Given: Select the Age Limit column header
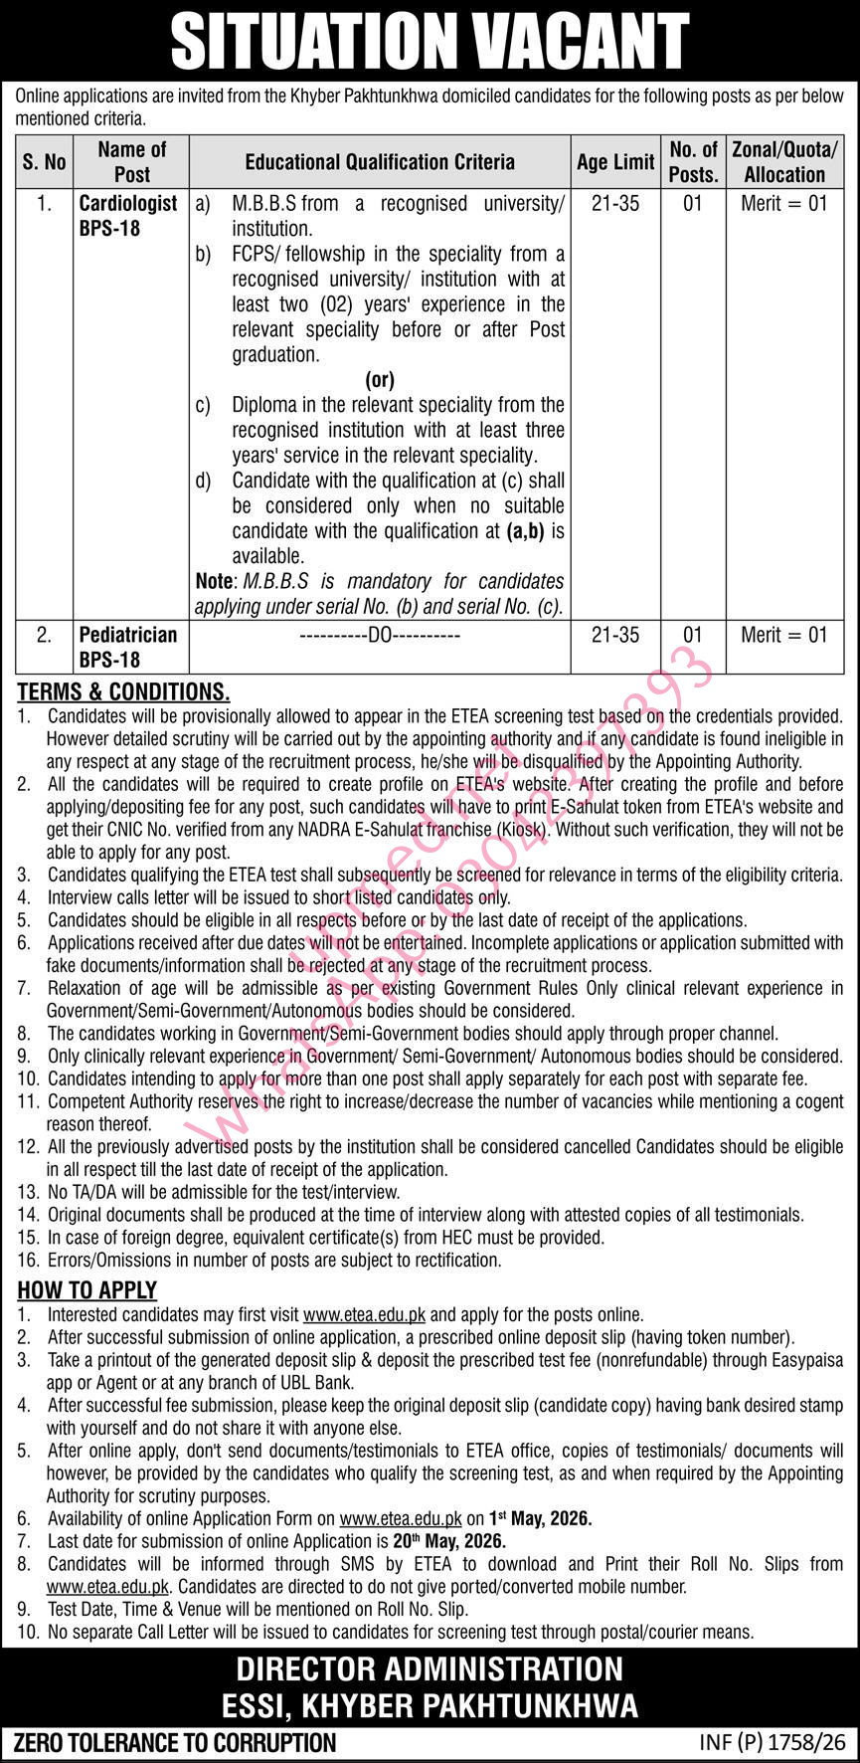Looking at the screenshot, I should (615, 161).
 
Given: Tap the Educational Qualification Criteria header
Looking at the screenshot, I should (380, 161).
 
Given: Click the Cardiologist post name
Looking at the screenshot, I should (128, 203).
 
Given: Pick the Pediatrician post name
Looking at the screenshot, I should (128, 635).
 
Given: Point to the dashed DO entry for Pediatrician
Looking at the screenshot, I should (380, 635).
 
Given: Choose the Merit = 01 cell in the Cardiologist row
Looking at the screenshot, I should (783, 203).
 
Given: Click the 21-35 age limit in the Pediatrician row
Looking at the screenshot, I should (615, 635).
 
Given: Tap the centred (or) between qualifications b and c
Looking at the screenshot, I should (380, 379).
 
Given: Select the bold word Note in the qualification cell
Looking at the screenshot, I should (215, 581).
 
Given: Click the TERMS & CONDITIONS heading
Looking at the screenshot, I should (123, 691).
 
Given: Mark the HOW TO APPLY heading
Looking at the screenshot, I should (87, 1290).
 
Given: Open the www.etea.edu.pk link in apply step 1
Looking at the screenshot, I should (364, 1315).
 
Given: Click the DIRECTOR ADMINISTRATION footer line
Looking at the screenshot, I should (430, 1668).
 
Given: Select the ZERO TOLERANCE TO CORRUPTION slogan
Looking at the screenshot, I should (174, 1742).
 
